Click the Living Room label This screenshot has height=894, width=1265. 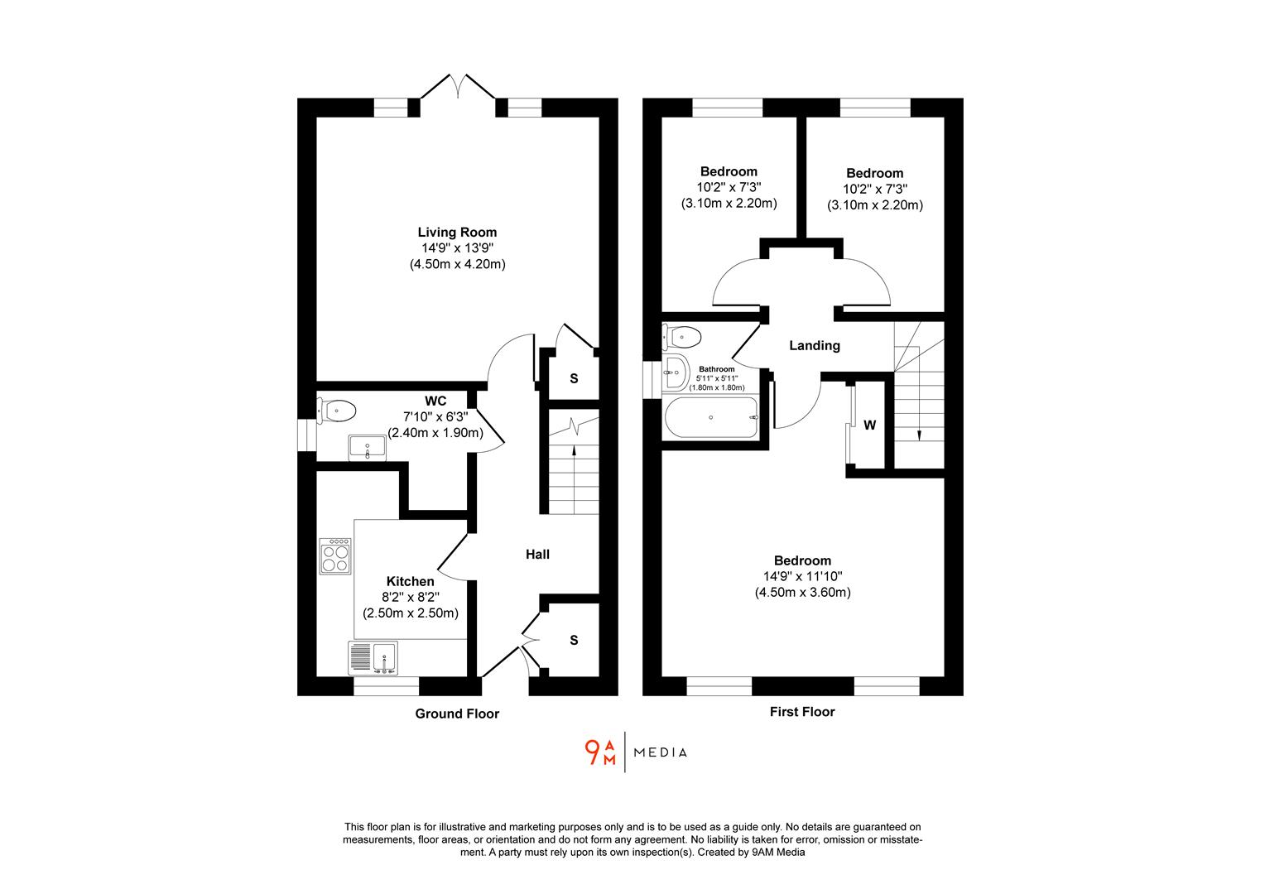click(x=457, y=232)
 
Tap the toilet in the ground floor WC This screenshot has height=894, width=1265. click(x=337, y=411)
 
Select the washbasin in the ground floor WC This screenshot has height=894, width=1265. click(x=367, y=447)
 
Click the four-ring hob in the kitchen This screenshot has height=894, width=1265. click(x=335, y=555)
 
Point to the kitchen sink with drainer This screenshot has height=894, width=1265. click(x=373, y=658)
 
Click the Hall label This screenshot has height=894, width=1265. click(x=537, y=554)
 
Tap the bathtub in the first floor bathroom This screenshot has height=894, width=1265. click(x=711, y=417)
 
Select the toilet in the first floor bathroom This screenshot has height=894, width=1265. click(x=683, y=337)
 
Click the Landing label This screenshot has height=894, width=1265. click(x=814, y=345)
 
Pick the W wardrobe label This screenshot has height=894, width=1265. click(x=869, y=425)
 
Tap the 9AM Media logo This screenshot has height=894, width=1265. click(x=635, y=752)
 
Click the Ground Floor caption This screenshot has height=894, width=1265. click(x=457, y=714)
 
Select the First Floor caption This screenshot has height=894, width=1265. click(x=801, y=711)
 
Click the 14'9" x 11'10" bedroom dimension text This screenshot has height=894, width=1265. click(x=802, y=576)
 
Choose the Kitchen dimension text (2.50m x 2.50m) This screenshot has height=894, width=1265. click(x=410, y=613)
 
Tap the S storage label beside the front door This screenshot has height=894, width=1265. click(x=573, y=640)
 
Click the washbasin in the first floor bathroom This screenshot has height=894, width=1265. click(x=676, y=372)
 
